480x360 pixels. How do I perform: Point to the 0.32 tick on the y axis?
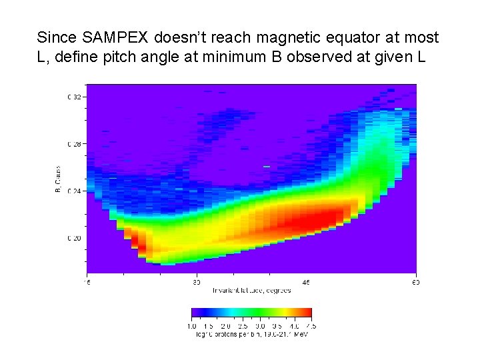[74, 97]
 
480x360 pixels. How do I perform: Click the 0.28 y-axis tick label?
[74, 144]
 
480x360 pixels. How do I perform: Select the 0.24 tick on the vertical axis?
[74, 191]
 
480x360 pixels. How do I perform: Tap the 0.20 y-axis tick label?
[74, 238]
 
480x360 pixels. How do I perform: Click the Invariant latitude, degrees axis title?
[249, 291]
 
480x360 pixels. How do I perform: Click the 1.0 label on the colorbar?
[192, 326]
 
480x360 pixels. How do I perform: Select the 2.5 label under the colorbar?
[243, 326]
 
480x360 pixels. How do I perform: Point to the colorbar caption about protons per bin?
[251, 333]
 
